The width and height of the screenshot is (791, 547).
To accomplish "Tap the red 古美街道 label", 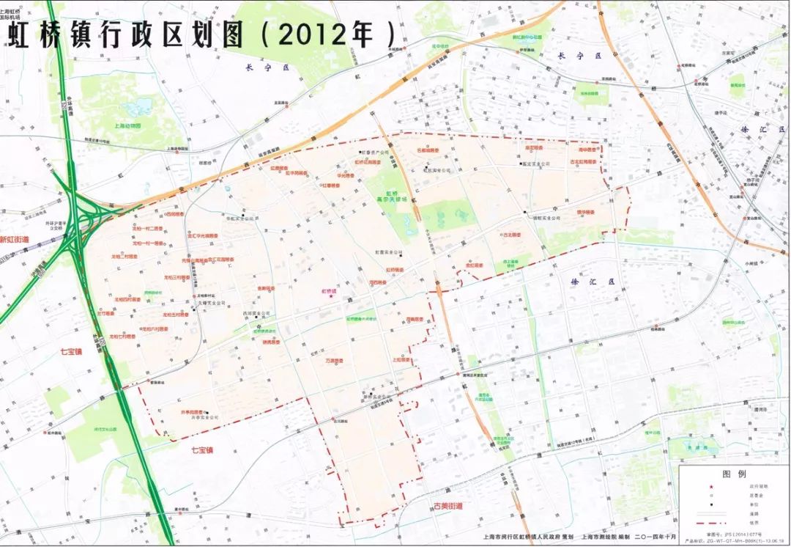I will (448, 506).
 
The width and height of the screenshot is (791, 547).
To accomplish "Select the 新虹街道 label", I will (15, 240).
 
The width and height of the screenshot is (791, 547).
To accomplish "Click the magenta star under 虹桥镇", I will (331, 296).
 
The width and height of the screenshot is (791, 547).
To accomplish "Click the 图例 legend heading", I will (733, 474).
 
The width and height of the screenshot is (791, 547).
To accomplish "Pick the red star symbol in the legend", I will (708, 486).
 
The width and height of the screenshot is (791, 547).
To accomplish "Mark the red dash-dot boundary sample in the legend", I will (708, 524).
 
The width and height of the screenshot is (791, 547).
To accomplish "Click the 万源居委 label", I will (334, 361).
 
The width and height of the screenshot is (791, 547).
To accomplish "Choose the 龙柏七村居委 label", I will (122, 337).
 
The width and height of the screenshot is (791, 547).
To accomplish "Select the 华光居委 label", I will (343, 176).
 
